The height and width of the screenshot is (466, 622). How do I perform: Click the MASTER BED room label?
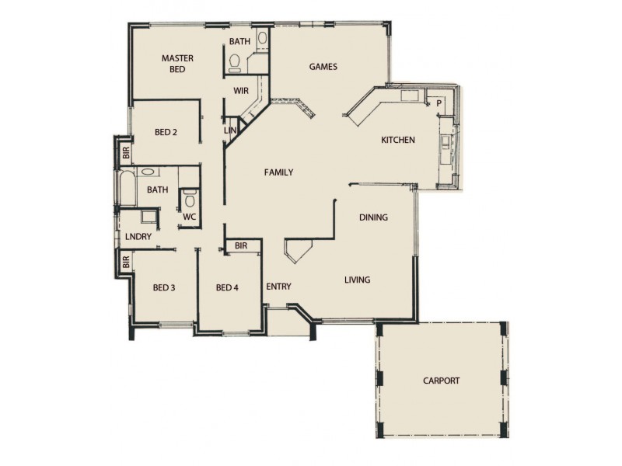(177, 63)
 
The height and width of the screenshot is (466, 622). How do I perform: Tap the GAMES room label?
(323, 67)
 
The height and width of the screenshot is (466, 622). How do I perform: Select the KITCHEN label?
(397, 141)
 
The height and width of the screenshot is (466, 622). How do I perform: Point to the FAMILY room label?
(278, 172)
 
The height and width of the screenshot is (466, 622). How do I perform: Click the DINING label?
(373, 217)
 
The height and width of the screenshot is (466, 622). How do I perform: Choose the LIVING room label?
(357, 280)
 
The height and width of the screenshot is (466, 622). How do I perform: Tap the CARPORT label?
(441, 381)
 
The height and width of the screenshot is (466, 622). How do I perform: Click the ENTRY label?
(278, 287)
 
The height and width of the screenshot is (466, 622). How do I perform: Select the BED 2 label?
(166, 132)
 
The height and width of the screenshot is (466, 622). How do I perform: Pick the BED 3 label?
(163, 288)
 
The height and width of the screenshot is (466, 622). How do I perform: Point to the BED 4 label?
(226, 288)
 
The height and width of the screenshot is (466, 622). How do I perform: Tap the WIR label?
(240, 91)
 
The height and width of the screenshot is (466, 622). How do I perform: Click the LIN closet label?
(229, 130)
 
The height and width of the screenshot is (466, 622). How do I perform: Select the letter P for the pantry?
(439, 103)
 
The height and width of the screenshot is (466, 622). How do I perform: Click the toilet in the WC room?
(189, 201)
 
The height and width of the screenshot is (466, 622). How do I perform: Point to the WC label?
(188, 217)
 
